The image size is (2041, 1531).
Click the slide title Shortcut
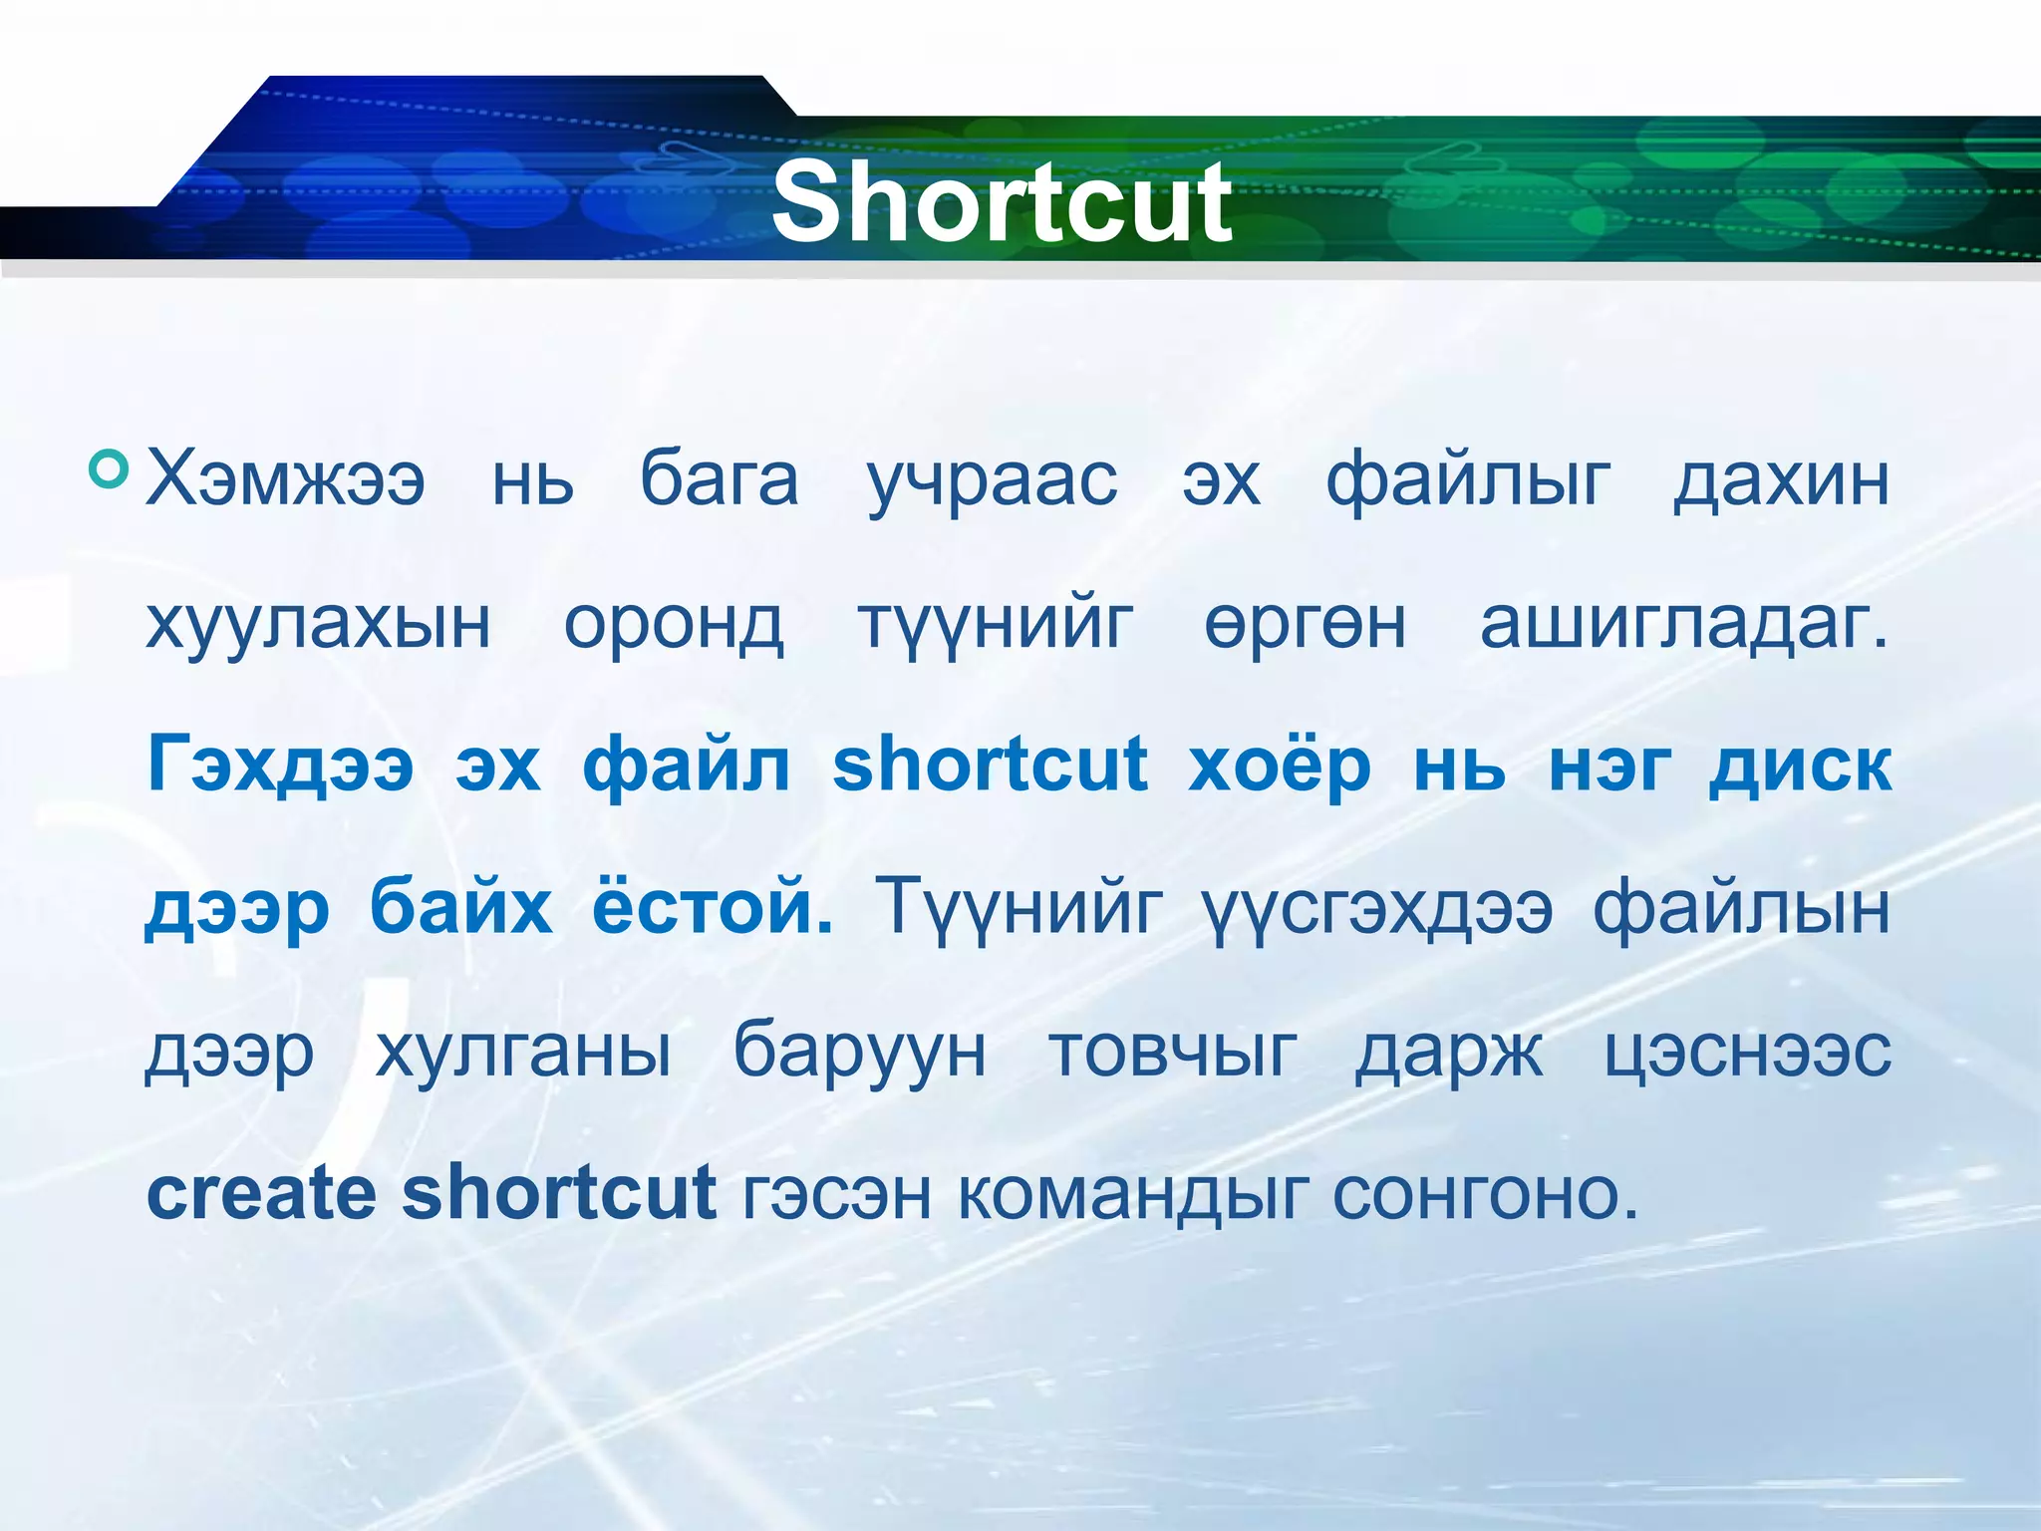[1002, 203]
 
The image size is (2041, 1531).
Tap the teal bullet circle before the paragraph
[109, 468]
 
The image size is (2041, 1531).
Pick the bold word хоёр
[1280, 765]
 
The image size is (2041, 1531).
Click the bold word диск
[1800, 765]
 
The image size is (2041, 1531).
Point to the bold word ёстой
[712, 908]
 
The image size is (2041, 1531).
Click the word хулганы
[523, 1052]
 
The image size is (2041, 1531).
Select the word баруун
[860, 1052]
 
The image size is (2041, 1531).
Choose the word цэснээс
[1748, 1052]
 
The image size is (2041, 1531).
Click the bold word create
[261, 1193]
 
